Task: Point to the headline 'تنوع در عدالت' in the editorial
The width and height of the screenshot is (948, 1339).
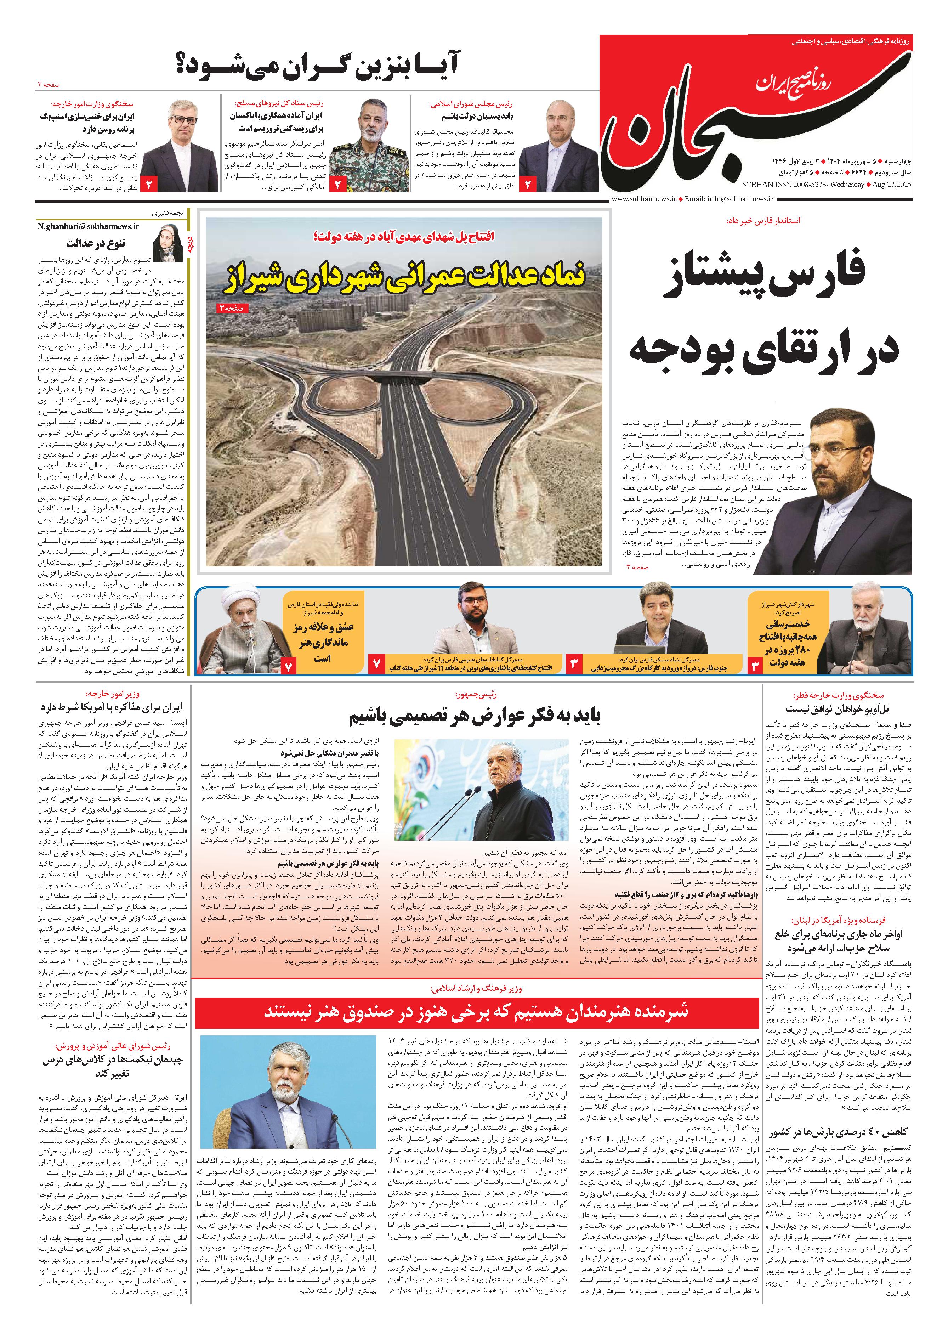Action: tap(95, 243)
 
